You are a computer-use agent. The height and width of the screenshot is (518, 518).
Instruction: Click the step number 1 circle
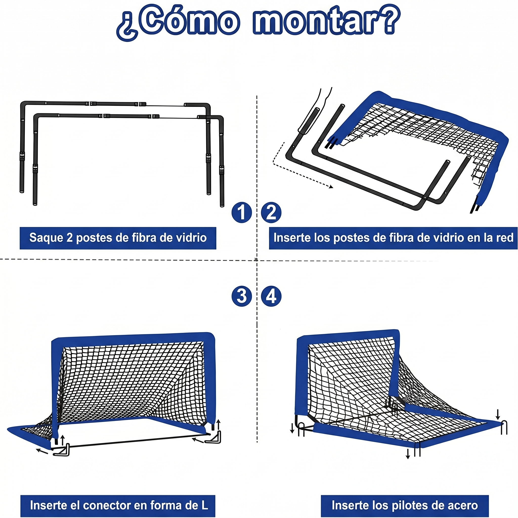point(242,212)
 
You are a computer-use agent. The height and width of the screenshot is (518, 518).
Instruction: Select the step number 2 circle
point(271,212)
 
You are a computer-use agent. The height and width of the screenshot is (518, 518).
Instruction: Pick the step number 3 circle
point(242,296)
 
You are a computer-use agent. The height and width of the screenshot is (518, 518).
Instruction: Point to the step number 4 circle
point(271,296)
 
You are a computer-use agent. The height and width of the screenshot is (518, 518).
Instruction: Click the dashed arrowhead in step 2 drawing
point(331,187)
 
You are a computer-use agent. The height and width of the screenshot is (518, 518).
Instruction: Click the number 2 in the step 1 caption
point(70,238)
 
